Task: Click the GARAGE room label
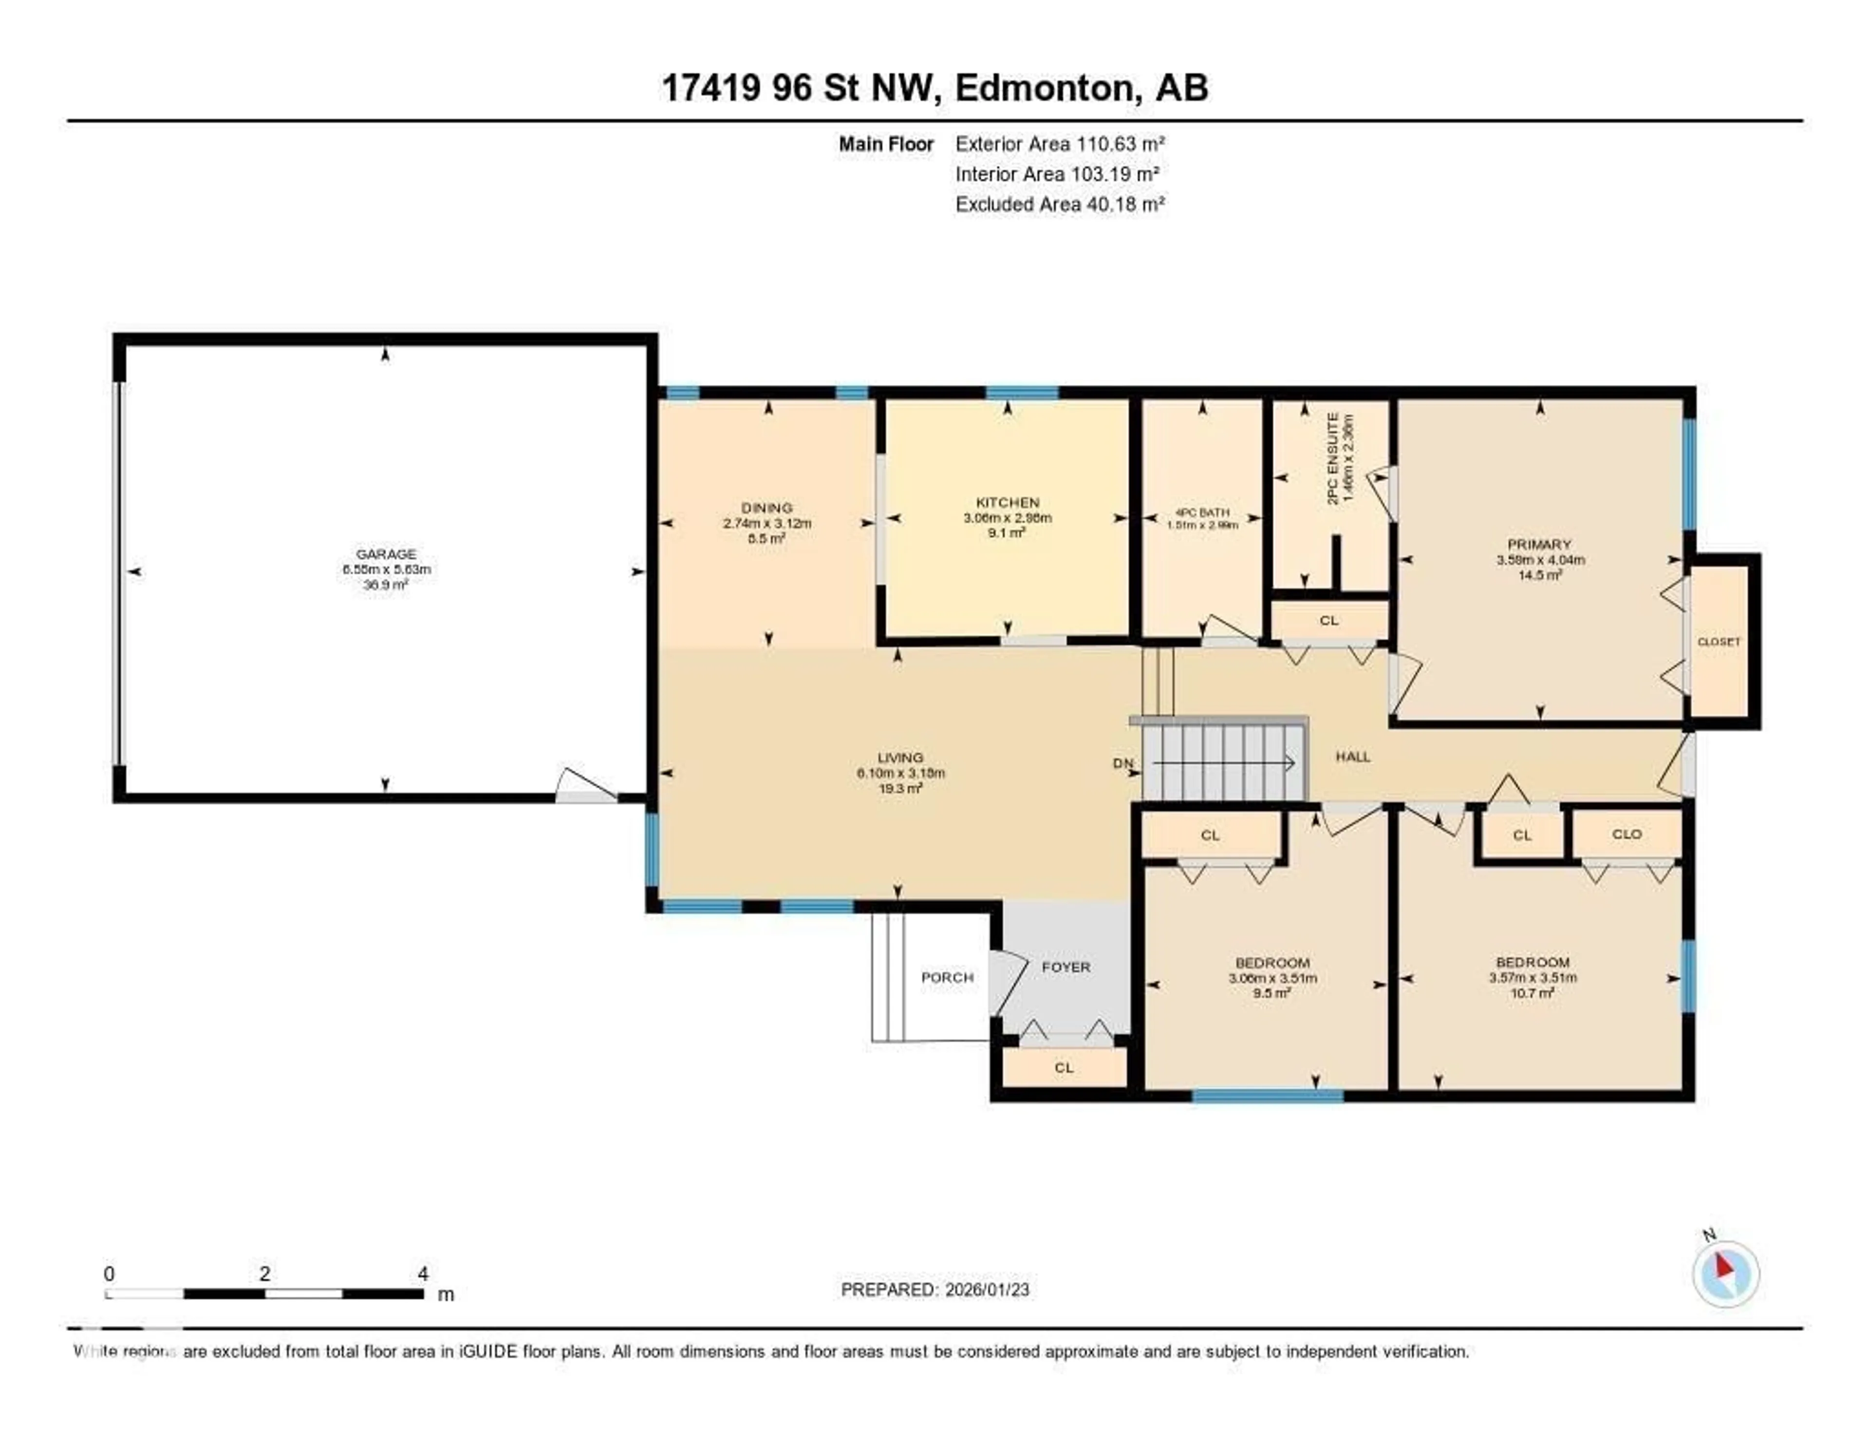(385, 554)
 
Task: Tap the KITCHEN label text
(1007, 503)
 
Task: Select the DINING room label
(767, 508)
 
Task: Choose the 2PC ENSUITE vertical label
(1332, 458)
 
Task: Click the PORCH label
(947, 977)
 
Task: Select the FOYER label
(1066, 967)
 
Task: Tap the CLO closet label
(1627, 834)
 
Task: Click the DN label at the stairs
(1122, 763)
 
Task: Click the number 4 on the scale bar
(423, 1274)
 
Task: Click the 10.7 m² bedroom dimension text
(1532, 993)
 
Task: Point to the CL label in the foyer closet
(1064, 1067)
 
